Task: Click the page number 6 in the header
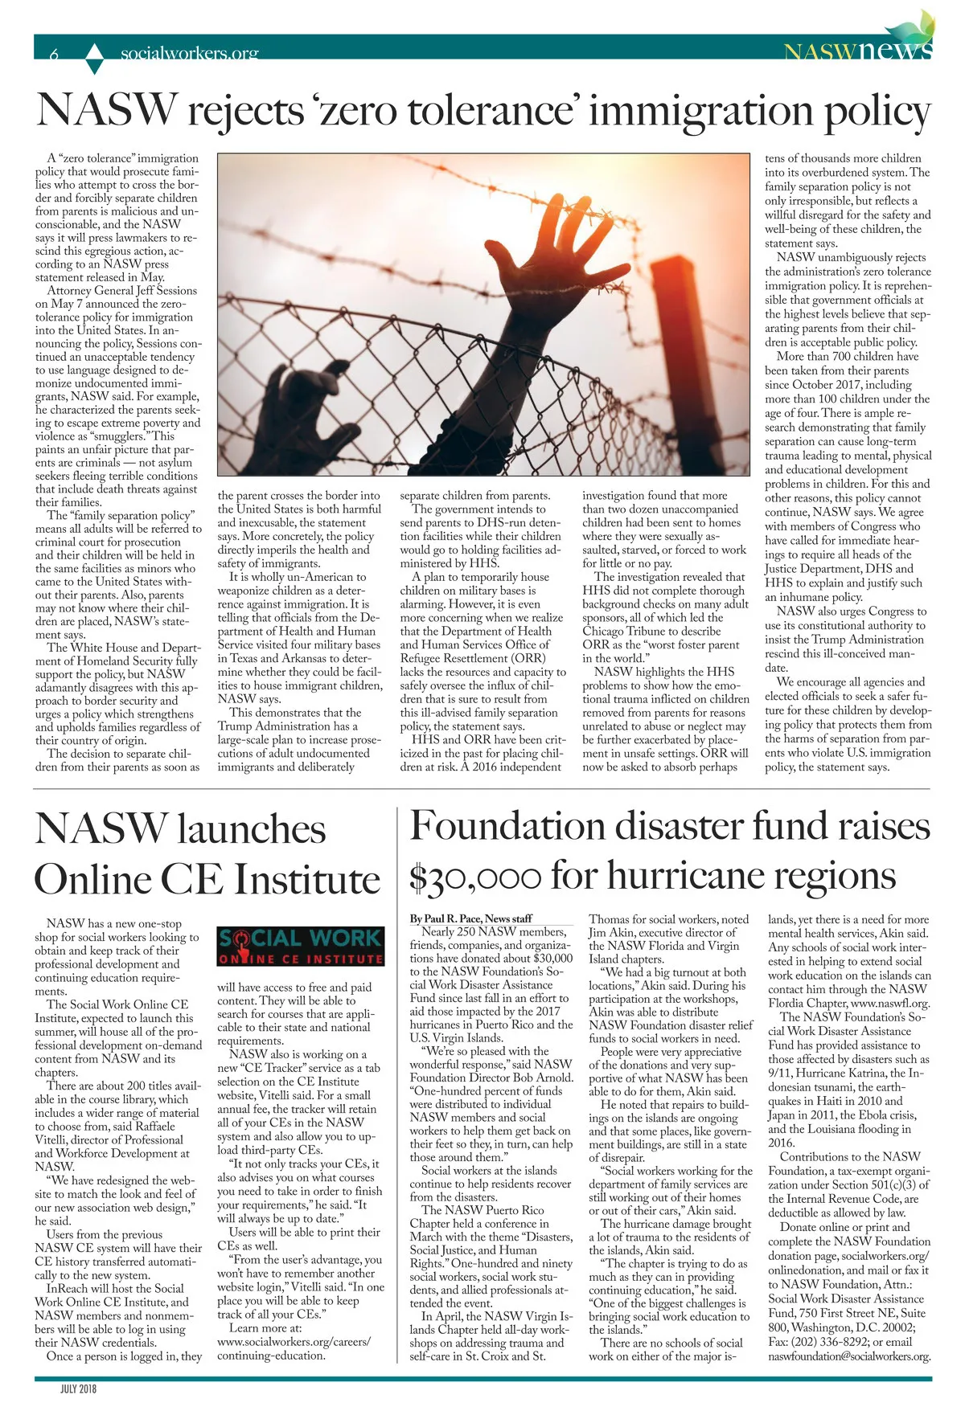(x=54, y=55)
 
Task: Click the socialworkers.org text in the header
(x=189, y=54)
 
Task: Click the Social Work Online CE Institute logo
(x=300, y=947)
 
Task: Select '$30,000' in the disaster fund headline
(x=474, y=877)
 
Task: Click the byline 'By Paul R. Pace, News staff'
(x=470, y=918)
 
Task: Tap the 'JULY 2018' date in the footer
(x=78, y=1388)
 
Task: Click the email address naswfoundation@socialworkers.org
(x=849, y=1356)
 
